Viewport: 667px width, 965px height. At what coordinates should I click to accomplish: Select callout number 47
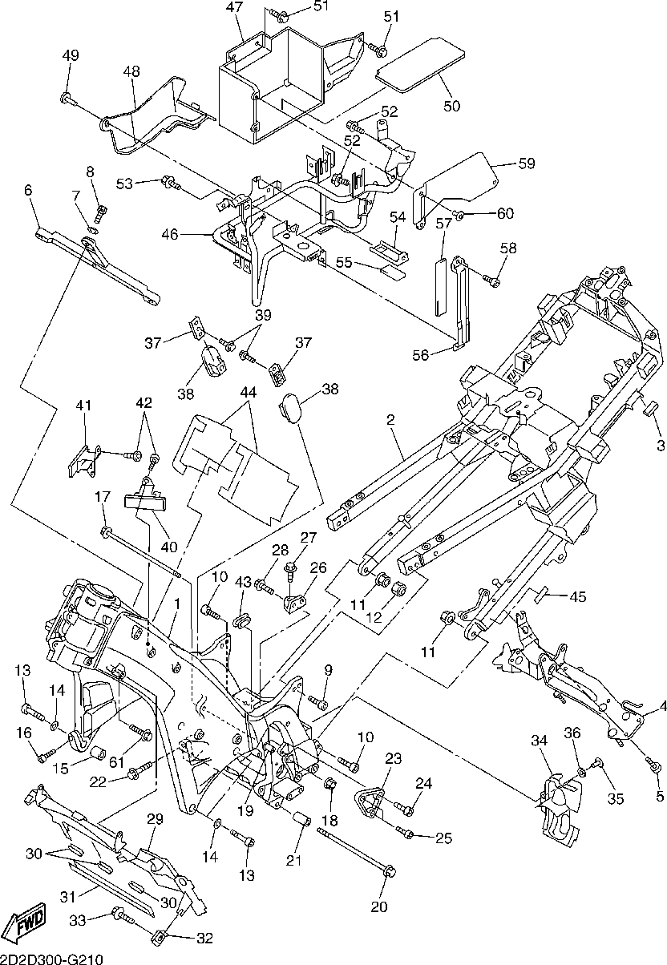[x=234, y=8]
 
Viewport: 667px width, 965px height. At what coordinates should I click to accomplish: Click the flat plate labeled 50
[x=422, y=63]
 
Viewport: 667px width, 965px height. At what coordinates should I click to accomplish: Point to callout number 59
[x=526, y=164]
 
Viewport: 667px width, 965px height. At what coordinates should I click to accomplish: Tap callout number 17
[x=101, y=497]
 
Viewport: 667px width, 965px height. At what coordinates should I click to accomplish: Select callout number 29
[x=155, y=818]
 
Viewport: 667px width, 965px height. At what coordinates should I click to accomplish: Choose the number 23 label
[x=394, y=758]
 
